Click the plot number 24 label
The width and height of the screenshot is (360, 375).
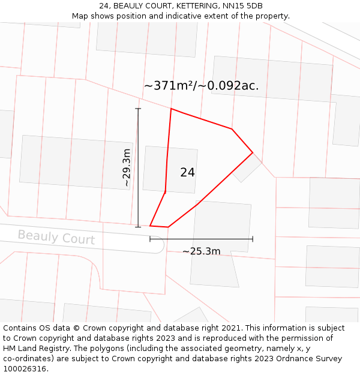coord(187,172)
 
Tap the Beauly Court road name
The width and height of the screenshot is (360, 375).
coord(56,237)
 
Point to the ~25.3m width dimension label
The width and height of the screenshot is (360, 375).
coord(201,251)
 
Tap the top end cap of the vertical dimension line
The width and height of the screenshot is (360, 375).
coord(138,109)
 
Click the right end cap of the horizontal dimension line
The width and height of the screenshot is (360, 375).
coord(253,239)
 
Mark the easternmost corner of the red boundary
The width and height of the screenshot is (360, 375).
coord(253,152)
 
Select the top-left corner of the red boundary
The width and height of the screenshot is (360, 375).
coord(171,109)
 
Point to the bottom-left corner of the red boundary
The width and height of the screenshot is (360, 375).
coord(150,226)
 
